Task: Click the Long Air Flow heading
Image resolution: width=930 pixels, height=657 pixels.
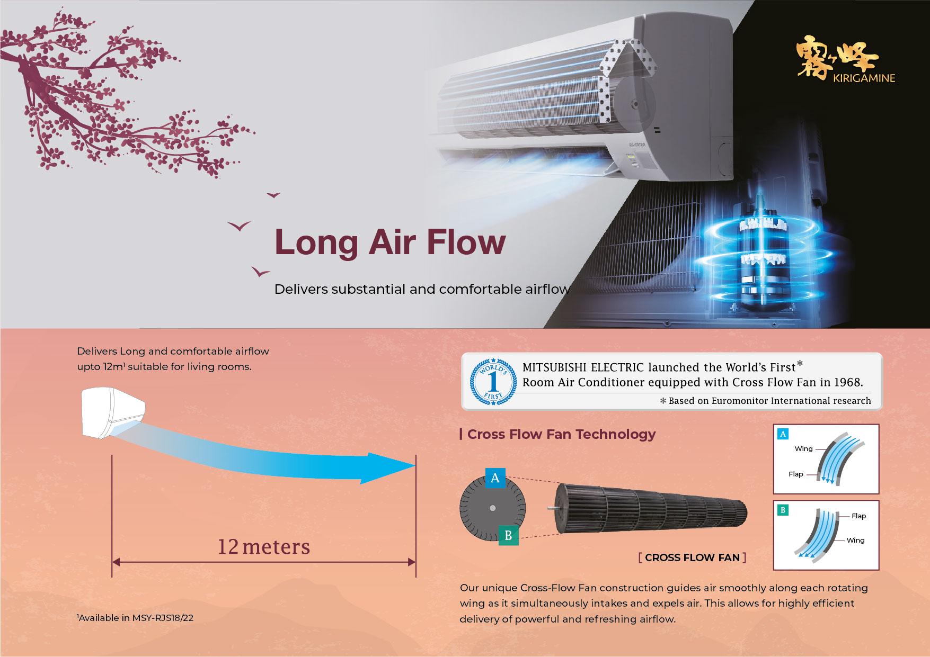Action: click(390, 242)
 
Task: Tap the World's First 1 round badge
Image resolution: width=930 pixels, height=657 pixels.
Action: click(493, 381)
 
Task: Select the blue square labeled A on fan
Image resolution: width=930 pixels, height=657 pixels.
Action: click(495, 478)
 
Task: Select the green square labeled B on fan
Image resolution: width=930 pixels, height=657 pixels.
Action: click(508, 535)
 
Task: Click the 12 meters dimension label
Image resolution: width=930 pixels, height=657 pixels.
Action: click(264, 546)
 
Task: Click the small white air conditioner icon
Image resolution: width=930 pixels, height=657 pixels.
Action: click(113, 412)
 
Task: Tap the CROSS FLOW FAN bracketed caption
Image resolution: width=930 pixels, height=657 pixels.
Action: click(693, 557)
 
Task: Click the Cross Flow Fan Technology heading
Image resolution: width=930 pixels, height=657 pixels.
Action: click(561, 434)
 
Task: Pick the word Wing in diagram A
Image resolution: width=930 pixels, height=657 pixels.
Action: click(803, 449)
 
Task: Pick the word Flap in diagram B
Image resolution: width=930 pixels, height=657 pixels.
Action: click(858, 516)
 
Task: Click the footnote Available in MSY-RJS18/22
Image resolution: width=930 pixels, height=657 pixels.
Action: click(135, 617)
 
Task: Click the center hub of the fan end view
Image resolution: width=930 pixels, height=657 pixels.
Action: click(493, 508)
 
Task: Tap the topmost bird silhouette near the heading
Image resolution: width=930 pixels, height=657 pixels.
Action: click(273, 195)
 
